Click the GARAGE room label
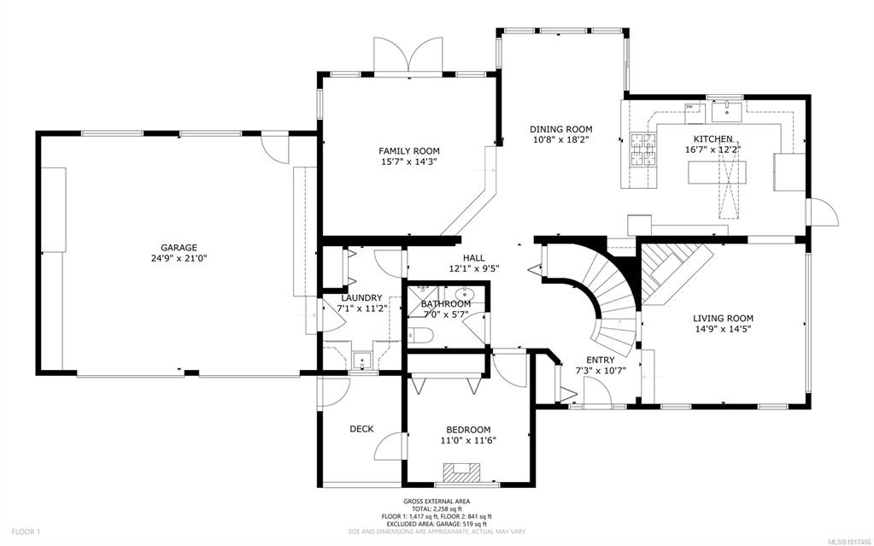[179, 248]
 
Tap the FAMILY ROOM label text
[409, 151]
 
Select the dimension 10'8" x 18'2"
[560, 140]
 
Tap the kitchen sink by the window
[727, 110]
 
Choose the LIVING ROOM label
[723, 319]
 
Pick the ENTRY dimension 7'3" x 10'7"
[601, 370]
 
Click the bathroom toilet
[421, 335]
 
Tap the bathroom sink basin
[464, 294]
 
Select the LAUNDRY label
[361, 298]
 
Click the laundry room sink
[363, 361]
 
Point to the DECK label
[361, 429]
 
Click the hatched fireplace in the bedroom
[460, 472]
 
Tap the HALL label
[474, 258]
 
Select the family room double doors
[409, 56]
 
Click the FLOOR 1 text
[26, 531]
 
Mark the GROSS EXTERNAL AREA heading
[437, 502]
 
